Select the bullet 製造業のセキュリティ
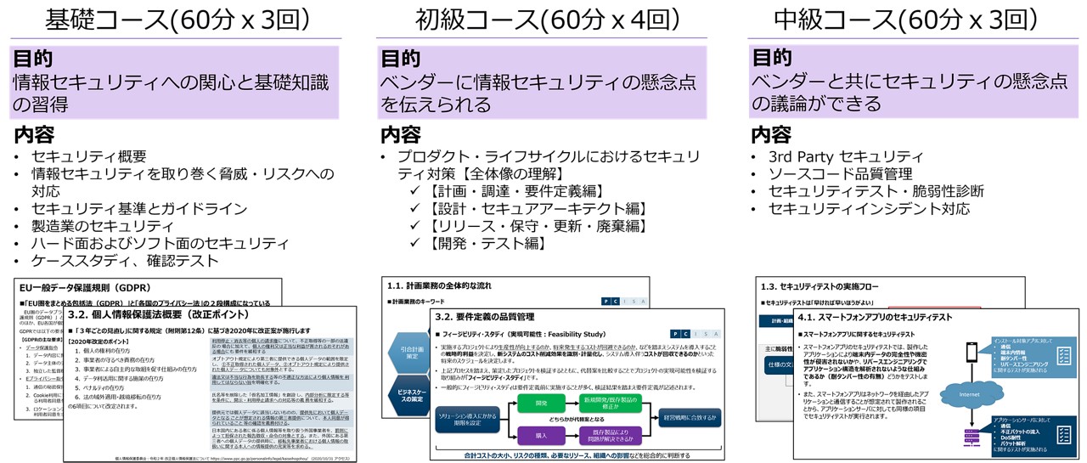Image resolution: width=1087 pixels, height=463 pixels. pyautogui.click(x=102, y=226)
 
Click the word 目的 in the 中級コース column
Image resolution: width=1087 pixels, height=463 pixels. pyautogui.click(x=772, y=58)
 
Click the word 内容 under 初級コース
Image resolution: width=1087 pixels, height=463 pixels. pyautogui.click(x=400, y=134)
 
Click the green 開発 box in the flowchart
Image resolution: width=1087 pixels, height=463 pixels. pyautogui.click(x=542, y=404)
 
